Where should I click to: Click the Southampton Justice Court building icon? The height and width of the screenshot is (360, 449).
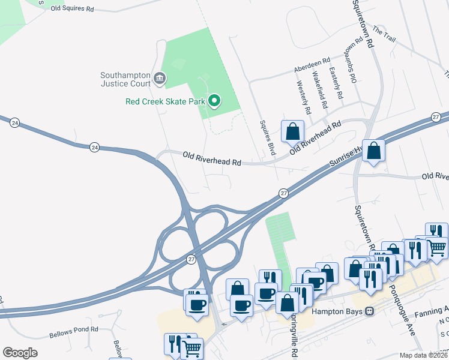point(160,78)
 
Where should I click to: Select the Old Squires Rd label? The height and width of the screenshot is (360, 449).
point(73,9)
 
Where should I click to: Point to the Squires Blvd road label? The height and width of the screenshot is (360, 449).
point(267,139)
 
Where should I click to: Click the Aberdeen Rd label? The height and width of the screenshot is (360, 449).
point(312,65)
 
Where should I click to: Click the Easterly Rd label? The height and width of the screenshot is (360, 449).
point(337,83)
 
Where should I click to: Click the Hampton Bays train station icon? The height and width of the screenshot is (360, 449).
point(370,311)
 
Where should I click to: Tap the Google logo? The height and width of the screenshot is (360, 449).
point(20,352)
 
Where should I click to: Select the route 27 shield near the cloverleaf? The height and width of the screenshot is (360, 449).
point(191,259)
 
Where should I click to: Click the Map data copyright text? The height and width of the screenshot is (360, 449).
point(423,355)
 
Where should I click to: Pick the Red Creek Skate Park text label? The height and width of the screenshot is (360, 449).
point(165,101)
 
